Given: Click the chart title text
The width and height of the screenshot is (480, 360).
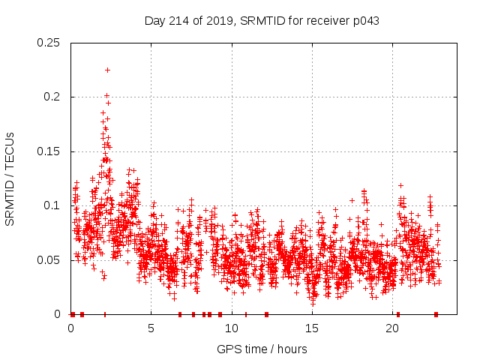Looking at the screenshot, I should point(262,20).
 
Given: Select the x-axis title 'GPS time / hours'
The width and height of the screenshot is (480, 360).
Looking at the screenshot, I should point(262,349).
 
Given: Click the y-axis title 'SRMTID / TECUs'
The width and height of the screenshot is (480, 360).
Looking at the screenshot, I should point(10,178).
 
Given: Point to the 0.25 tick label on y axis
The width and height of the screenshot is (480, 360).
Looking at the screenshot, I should point(49,43).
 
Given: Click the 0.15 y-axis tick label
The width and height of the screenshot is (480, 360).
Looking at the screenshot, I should point(49,151).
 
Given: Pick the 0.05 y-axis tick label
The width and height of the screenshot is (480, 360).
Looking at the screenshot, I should point(49,260).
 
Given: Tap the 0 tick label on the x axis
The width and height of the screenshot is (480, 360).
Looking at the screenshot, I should point(71,328).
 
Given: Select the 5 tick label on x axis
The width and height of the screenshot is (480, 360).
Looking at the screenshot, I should point(151,328).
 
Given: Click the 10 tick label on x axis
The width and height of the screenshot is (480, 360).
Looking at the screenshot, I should point(232,328).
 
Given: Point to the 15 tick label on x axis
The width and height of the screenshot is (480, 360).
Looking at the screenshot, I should point(312,328).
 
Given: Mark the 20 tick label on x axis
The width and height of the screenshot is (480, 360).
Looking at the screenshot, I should point(392,328).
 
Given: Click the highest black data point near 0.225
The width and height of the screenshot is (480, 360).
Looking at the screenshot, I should point(108,70).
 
